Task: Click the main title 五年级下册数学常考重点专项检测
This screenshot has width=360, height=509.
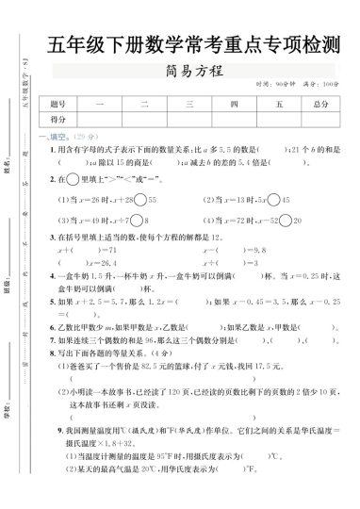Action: tap(193, 43)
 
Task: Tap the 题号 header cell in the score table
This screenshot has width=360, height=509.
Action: tap(57, 104)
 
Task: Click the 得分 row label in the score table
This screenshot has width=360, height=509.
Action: tap(57, 120)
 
